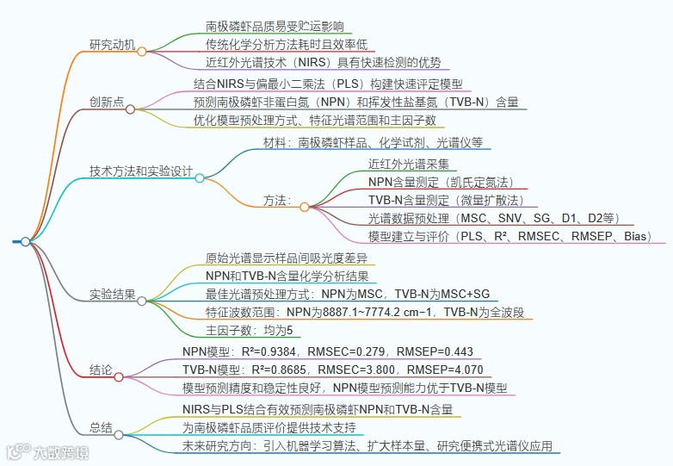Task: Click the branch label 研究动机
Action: point(113,45)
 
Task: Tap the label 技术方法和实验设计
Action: point(141,171)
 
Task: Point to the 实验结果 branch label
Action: point(113,295)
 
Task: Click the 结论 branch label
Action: point(101,370)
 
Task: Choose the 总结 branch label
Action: point(101,427)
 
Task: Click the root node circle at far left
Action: point(26,242)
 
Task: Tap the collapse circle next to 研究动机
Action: point(142,52)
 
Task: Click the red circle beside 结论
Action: point(119,376)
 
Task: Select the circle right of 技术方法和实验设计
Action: point(200,178)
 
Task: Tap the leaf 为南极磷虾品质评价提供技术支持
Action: point(269,427)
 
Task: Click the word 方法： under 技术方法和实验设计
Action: point(277,201)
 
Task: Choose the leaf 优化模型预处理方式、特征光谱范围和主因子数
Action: point(314,120)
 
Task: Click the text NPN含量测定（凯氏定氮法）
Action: point(440,182)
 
